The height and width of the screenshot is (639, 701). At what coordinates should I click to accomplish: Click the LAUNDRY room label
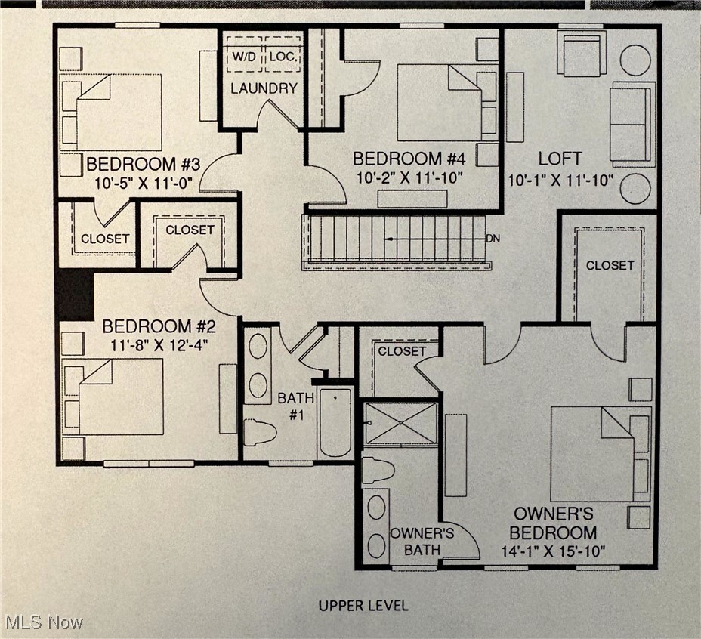click(264, 88)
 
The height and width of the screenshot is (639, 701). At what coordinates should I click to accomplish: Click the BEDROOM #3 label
click(143, 165)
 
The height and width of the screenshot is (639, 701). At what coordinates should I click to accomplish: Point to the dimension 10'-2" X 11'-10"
click(408, 177)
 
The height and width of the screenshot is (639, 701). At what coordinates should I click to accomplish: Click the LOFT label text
click(560, 159)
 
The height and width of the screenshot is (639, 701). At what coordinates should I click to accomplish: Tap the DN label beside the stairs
click(493, 239)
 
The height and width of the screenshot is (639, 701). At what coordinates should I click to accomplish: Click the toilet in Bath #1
click(259, 432)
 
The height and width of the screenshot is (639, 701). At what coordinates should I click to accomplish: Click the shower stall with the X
click(400, 423)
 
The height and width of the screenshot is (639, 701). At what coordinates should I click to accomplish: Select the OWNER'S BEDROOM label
click(554, 523)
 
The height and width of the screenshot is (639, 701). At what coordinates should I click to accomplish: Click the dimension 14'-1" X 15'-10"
click(554, 551)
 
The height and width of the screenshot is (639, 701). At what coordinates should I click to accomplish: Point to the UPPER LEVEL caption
click(363, 605)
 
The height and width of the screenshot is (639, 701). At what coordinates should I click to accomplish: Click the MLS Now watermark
click(44, 623)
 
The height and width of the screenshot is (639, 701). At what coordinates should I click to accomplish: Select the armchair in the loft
click(581, 54)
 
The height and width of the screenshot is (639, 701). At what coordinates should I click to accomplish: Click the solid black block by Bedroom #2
click(75, 295)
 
